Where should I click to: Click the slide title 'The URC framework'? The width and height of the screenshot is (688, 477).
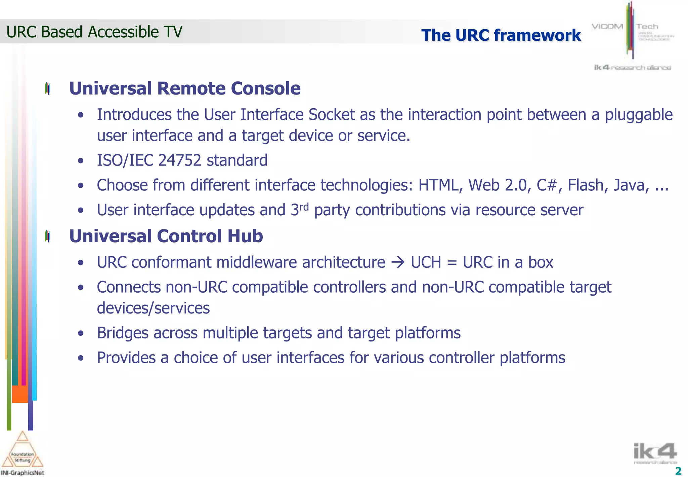coord(501,35)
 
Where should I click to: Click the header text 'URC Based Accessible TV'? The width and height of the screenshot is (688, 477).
coord(94,32)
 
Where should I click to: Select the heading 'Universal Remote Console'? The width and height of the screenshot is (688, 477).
coord(185,88)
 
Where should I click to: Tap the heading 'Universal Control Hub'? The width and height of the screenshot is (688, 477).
coord(166,236)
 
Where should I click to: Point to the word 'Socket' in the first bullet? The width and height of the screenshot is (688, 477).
coord(332,115)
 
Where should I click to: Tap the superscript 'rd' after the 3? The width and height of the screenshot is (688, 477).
coord(304,207)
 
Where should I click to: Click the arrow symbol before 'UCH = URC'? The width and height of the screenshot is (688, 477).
coord(398,262)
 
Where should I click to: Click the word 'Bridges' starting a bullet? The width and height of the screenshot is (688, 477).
coord(123,333)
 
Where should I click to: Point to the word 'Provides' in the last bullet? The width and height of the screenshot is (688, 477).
coord(126,358)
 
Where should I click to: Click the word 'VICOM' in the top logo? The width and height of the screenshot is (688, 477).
coord(607,27)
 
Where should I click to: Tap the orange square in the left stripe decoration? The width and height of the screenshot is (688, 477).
coord(20,394)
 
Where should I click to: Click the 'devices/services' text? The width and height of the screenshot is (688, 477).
coord(153,308)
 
